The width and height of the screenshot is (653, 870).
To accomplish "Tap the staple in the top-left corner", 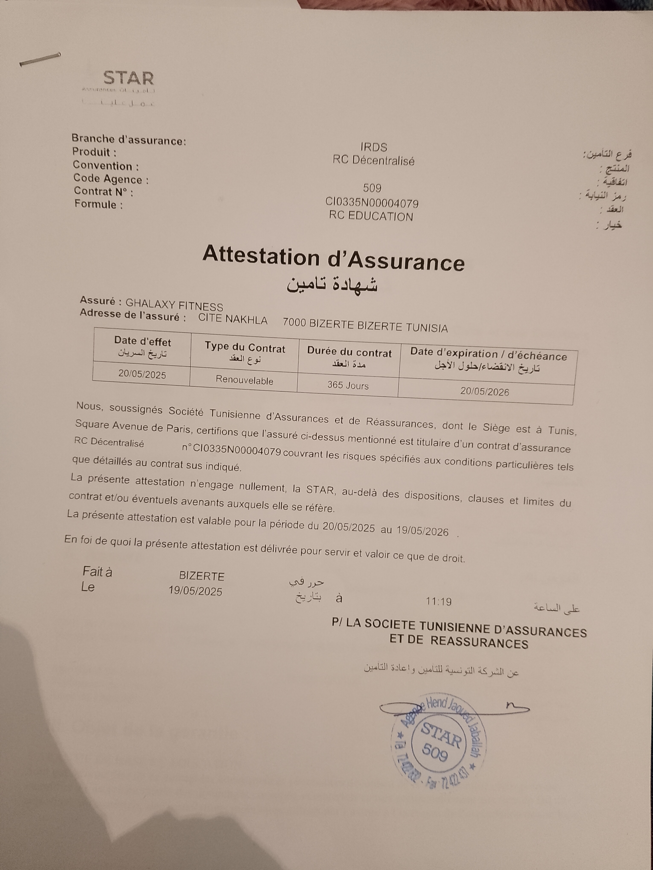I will point(40,59).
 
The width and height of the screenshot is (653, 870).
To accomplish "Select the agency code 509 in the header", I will point(372,188).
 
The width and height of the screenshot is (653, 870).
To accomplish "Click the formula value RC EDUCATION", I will point(371,216).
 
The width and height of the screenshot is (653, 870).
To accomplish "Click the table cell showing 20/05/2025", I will point(142,374).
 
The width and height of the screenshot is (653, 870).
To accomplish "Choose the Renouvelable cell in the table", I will point(244,380).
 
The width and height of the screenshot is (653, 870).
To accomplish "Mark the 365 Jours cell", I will point(348,386).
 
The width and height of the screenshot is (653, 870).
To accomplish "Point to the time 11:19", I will point(439,601).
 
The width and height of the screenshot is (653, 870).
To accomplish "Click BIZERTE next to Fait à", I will point(201,576).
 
